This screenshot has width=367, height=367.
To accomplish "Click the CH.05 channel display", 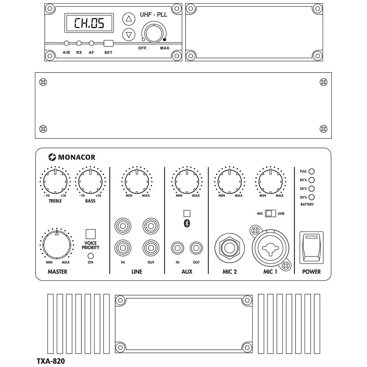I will (x=89, y=24).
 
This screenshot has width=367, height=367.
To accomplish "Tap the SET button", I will (x=108, y=44).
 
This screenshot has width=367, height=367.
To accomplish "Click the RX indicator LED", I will (x=79, y=43).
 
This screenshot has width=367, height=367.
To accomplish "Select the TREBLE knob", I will (x=55, y=181).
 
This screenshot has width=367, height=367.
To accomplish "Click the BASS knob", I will (x=91, y=181).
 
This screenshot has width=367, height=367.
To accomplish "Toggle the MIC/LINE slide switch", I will (x=269, y=213).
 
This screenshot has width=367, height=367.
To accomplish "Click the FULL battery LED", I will (x=311, y=172).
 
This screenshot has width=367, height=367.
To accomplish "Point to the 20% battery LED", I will (x=311, y=198).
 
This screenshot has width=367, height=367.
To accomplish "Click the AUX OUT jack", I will (x=196, y=248).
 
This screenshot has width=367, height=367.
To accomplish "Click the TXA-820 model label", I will (x=51, y=361).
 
